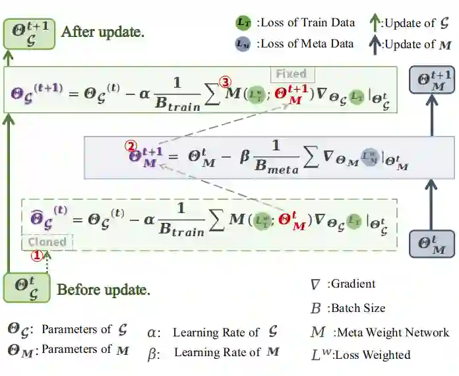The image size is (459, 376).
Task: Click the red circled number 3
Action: (226, 82)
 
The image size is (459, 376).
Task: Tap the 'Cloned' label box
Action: (47, 242)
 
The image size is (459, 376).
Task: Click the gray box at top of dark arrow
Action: (431, 82)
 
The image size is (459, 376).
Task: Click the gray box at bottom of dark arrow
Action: (431, 245)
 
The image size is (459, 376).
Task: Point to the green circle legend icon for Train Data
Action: (243, 22)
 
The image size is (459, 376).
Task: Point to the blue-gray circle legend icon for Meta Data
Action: (243, 44)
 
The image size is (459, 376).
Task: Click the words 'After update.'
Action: (102, 32)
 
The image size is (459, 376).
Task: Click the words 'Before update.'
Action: (104, 290)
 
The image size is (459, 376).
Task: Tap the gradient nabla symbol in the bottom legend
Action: (316, 285)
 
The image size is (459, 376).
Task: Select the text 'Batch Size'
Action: (358, 308)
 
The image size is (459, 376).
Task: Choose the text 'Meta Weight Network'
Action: (391, 332)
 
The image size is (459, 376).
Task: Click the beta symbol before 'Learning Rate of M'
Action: (152, 354)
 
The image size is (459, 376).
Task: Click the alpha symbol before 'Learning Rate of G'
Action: (152, 332)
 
